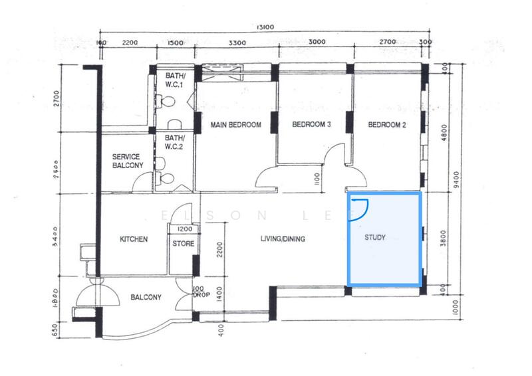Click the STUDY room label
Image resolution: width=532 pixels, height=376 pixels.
(375, 237)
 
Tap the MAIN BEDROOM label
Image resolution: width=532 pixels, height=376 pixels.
(235, 125)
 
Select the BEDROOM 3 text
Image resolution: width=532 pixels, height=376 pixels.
(311, 125)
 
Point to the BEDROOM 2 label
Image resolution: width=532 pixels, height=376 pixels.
(386, 125)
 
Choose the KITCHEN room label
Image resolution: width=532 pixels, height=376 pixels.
(133, 240)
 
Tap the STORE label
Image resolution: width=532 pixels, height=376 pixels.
(184, 244)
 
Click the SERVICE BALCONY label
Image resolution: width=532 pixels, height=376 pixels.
(126, 161)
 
